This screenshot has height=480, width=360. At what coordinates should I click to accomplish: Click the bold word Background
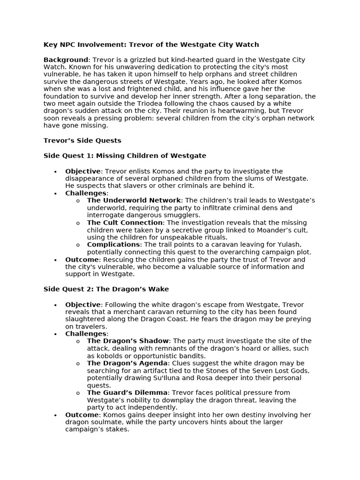[66, 60]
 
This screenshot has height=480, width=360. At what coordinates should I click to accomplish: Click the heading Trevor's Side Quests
[82, 141]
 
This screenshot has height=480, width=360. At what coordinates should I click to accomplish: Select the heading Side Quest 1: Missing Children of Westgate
[125, 156]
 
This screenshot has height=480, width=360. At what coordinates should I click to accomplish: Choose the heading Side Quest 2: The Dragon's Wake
[106, 289]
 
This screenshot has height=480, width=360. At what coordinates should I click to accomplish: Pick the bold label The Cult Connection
[125, 223]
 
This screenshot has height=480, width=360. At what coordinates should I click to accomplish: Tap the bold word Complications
[113, 245]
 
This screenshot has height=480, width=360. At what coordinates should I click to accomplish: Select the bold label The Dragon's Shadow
[127, 341]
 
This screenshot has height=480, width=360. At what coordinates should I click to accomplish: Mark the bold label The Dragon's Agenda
[127, 363]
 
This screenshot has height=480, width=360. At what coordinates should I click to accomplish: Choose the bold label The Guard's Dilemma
[127, 393]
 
